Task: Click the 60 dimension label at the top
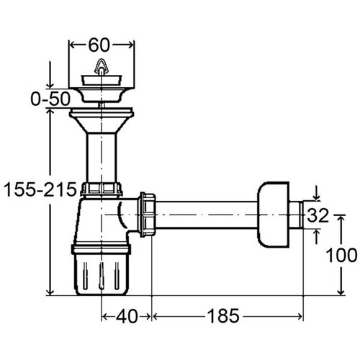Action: (x=99, y=45)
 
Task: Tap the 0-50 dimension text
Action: (x=50, y=99)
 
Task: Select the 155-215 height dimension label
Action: (x=40, y=189)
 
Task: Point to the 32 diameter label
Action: (x=318, y=215)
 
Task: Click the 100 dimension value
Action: (x=342, y=255)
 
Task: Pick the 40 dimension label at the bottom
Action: (x=127, y=316)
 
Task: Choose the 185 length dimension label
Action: (x=223, y=316)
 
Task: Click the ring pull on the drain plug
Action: (x=101, y=66)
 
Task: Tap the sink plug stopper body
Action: (x=102, y=80)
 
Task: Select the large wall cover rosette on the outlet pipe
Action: (x=274, y=215)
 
